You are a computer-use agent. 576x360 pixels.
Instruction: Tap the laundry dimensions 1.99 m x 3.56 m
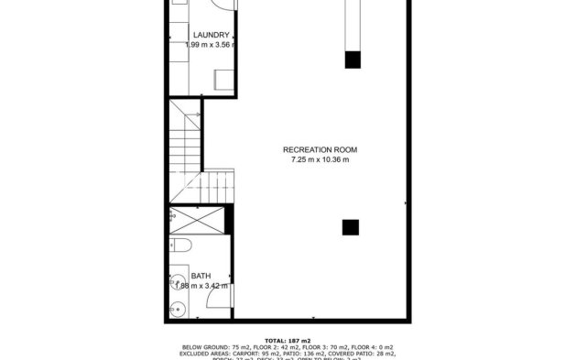[210, 45]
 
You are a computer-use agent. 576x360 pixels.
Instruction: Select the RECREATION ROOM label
[320, 149]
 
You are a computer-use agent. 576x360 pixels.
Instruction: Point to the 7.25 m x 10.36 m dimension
[320, 160]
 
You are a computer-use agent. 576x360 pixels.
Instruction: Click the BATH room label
[200, 276]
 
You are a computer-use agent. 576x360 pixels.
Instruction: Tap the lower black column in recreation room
[351, 226]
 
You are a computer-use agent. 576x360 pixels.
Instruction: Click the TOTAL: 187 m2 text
[288, 340]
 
